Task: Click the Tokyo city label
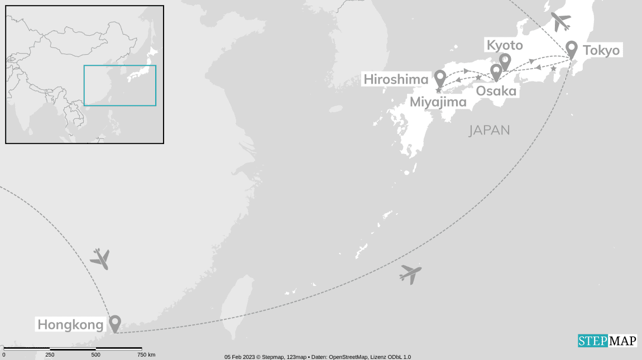click(601, 51)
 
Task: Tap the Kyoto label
click(505, 45)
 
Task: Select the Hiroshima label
click(396, 79)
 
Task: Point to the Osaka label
click(496, 90)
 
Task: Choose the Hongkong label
click(70, 324)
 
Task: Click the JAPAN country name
click(489, 130)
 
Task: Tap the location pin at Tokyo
click(571, 49)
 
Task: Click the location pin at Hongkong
click(115, 323)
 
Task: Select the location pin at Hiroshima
click(440, 78)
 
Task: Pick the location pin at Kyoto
click(505, 61)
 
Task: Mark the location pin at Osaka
click(496, 71)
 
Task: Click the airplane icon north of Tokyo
click(560, 22)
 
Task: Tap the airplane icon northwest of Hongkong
click(100, 258)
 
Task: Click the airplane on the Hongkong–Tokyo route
click(410, 274)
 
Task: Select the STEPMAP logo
click(607, 340)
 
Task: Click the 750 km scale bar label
click(146, 355)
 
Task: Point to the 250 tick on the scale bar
click(50, 355)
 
